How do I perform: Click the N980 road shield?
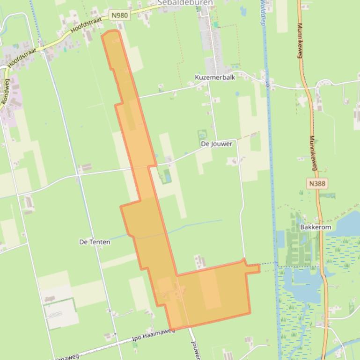(120, 15)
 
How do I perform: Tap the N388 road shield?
(317, 184)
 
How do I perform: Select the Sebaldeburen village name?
(185, 3)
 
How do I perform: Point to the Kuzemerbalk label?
(215, 78)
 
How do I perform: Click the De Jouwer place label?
(216, 144)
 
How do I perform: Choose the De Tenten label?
(95, 242)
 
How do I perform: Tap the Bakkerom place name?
(316, 227)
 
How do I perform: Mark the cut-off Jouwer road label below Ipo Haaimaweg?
(196, 350)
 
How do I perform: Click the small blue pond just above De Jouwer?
(202, 134)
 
